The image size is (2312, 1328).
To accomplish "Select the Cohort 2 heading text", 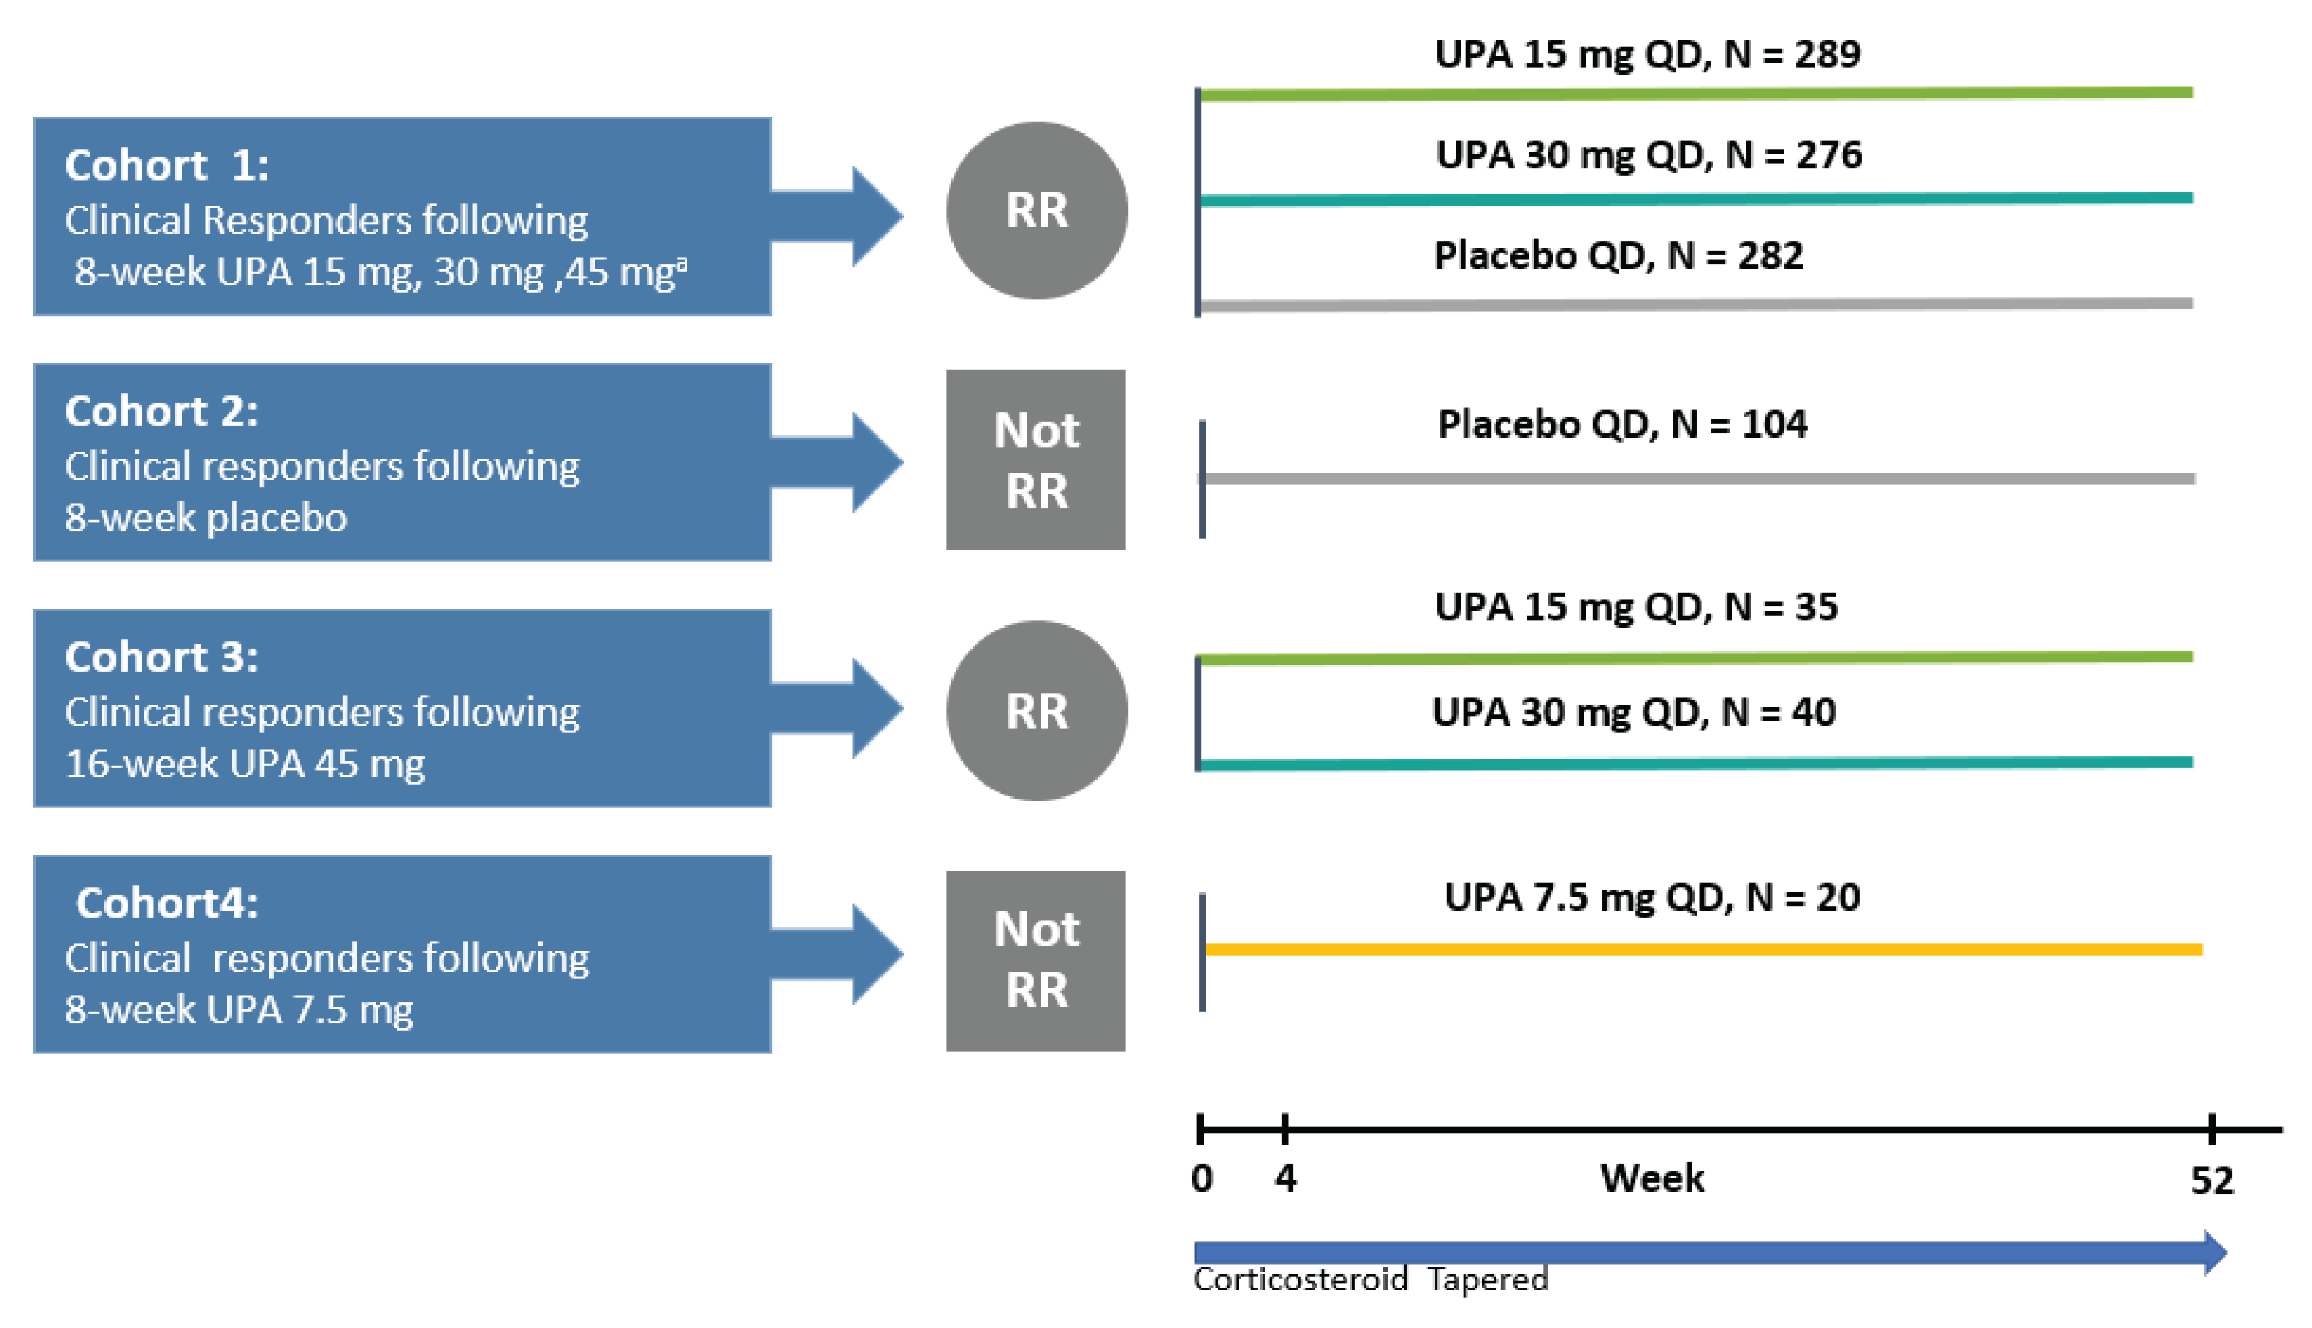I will (162, 412).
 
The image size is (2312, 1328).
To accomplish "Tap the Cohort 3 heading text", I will (162, 658).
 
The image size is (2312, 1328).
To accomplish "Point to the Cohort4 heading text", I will (167, 903).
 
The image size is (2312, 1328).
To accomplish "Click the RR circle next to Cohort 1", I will (1036, 211).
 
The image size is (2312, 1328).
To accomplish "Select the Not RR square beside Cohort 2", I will (1036, 460).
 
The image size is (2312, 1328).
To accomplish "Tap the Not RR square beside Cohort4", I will (1036, 960).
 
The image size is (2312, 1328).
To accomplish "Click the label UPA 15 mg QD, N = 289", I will (1647, 55).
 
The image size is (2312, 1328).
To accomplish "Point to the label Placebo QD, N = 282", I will (1618, 255).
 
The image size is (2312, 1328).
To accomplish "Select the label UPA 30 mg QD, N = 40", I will (1634, 712).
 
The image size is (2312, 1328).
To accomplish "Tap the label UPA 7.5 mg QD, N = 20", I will (1652, 897).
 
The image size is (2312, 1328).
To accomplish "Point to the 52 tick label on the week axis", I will (2212, 1180).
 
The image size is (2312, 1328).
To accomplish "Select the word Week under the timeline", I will (1652, 1179).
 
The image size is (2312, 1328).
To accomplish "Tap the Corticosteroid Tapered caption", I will (1370, 1279).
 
